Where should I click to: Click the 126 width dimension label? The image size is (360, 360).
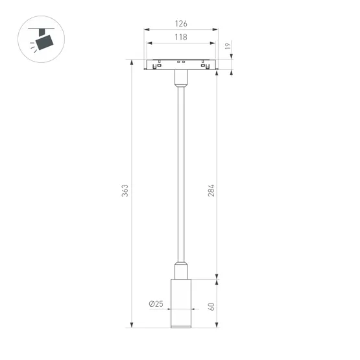pyautogui.click(x=180, y=24)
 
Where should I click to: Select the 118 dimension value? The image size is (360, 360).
pyautogui.click(x=180, y=38)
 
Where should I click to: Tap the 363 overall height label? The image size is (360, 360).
pyautogui.click(x=126, y=191)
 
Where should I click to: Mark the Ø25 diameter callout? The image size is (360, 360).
pyautogui.click(x=156, y=304)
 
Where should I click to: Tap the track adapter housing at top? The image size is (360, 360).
pyautogui.click(x=180, y=64)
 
